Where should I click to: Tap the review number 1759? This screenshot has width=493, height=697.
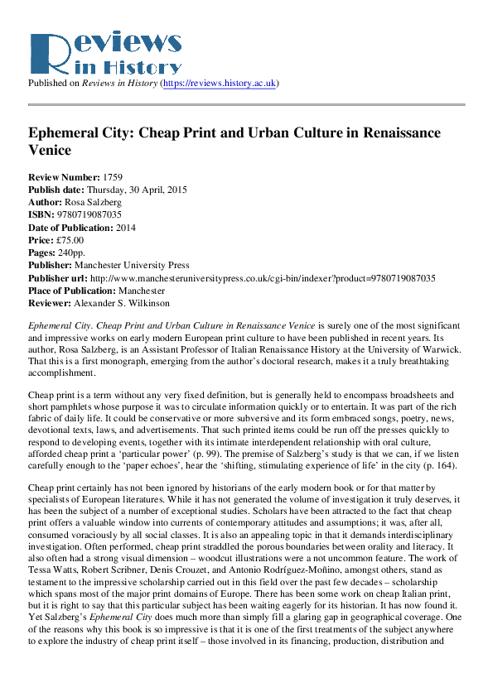(x=114, y=177)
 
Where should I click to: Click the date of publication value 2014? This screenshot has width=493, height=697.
(x=125, y=228)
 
